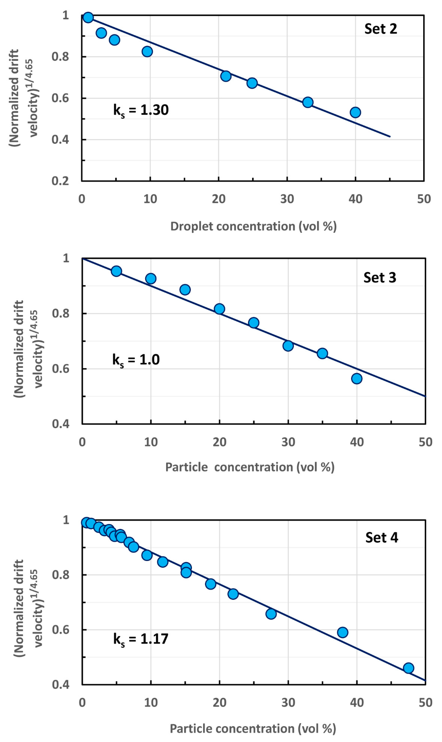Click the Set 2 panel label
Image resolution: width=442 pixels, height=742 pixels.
[x=381, y=29]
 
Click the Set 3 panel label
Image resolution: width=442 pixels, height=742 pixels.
[x=380, y=278]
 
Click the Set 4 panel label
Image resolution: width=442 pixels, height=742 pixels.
[x=382, y=537]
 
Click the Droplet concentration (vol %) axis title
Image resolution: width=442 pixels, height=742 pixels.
[x=253, y=226]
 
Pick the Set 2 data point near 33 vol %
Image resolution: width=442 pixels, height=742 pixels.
[x=308, y=102]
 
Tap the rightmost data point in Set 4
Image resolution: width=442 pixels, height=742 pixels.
[x=408, y=668]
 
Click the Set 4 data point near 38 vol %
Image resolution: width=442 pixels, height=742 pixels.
[x=343, y=632]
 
